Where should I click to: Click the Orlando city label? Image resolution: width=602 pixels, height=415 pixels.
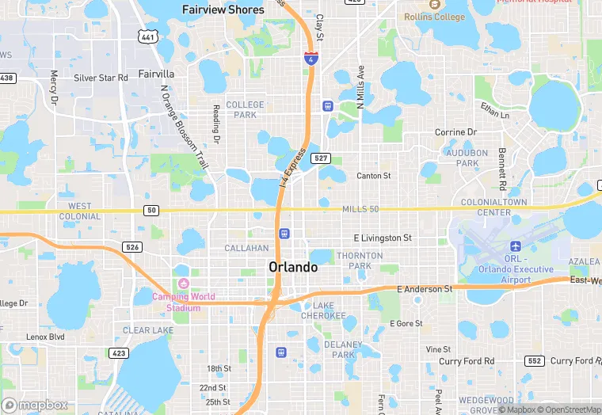click(x=293, y=267)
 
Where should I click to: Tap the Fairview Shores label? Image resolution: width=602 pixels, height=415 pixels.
click(x=223, y=10)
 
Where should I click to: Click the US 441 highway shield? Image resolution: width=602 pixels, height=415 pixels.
click(x=147, y=36)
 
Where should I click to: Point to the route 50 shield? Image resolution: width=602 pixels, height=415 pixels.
click(x=150, y=210)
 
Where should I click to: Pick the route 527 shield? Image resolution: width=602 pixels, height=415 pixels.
click(x=321, y=158)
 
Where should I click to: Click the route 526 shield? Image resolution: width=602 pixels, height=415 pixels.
click(x=131, y=248)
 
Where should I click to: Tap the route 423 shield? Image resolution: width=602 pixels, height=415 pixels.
click(x=119, y=353)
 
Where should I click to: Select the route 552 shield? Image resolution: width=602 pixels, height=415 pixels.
click(x=534, y=361)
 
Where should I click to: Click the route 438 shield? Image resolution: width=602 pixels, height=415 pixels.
click(x=6, y=78)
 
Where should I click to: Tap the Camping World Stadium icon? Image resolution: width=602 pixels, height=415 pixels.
click(x=184, y=284)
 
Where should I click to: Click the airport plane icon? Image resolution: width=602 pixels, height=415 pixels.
click(x=516, y=246)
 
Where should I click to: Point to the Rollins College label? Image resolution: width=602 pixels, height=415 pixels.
click(x=434, y=16)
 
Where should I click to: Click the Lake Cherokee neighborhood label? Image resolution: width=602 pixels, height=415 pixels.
click(x=329, y=310)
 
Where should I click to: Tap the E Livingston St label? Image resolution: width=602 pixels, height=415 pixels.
click(x=383, y=238)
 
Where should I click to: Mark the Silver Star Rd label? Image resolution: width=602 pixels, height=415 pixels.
click(x=101, y=78)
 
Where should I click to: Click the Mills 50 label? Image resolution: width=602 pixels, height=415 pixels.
click(x=361, y=209)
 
